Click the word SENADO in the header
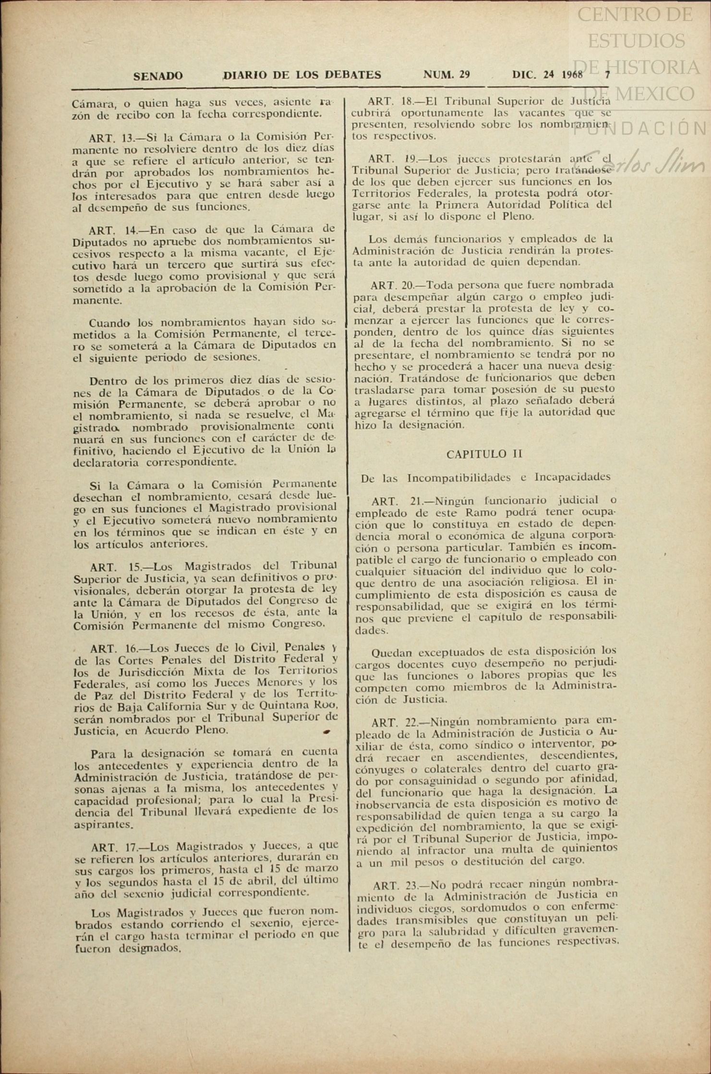tap(158, 76)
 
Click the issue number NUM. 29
tap(446, 74)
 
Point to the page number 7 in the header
tap(607, 74)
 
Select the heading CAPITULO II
tap(484, 454)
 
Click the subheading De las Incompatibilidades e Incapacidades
tap(485, 477)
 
